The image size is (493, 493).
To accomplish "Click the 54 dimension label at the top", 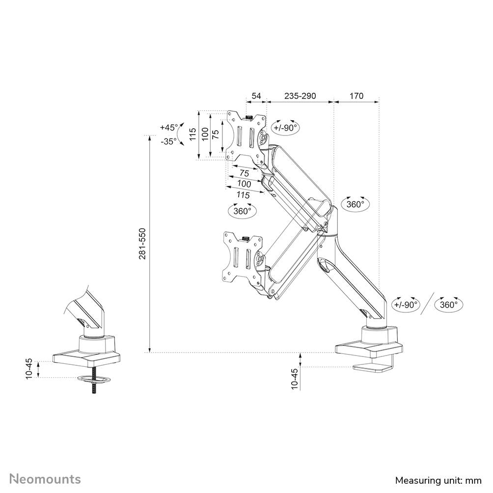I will [x=256, y=96].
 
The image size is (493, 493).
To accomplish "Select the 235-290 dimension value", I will [x=300, y=96].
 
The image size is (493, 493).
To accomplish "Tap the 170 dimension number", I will [x=356, y=96].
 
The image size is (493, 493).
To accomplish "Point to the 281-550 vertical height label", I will [x=142, y=244].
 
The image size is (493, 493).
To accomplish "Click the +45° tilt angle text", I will [x=169, y=127].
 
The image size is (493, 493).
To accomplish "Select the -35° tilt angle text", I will [x=169, y=141].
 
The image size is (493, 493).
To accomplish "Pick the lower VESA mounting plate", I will [x=242, y=257].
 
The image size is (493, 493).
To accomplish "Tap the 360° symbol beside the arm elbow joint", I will [x=355, y=204].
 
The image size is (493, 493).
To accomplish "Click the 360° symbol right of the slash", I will [x=449, y=304].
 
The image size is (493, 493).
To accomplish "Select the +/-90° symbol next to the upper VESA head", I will [x=286, y=127].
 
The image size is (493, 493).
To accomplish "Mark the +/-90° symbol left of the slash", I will [x=406, y=304].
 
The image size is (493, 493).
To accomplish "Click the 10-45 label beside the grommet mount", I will [x=29, y=368].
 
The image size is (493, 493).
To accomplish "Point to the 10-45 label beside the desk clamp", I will [x=294, y=379].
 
